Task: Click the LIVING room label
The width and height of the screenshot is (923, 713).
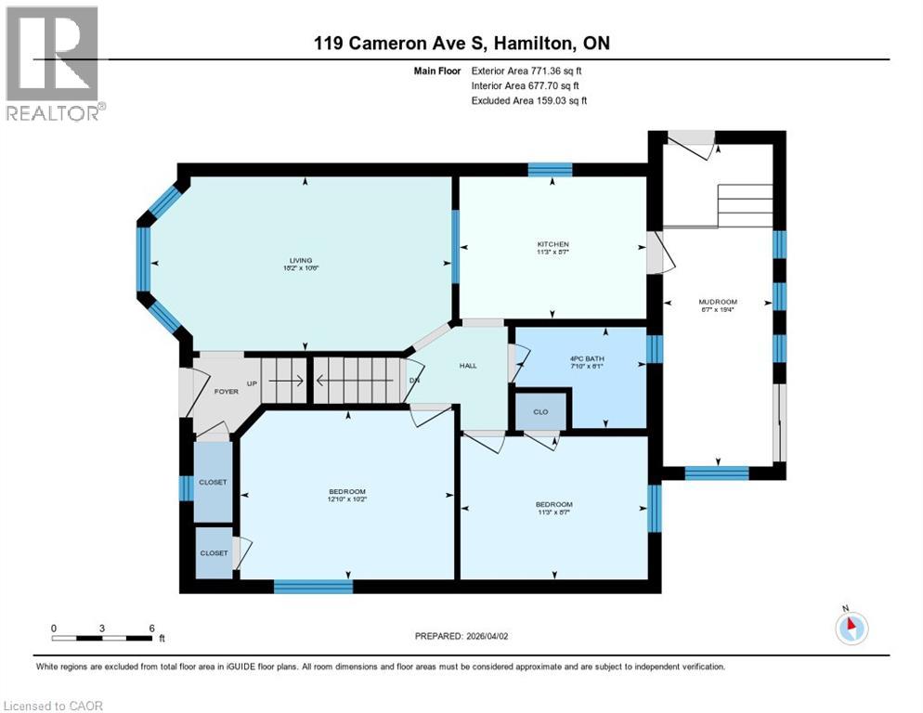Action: click(299, 261)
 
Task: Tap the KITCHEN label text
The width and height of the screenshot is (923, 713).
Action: click(552, 244)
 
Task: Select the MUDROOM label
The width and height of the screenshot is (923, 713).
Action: click(718, 302)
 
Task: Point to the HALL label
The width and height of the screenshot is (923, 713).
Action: click(468, 366)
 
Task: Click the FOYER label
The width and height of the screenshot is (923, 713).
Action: click(226, 391)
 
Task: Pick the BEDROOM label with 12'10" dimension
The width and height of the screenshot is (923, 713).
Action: click(346, 492)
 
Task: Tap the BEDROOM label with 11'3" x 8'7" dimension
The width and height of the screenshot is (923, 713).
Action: click(552, 507)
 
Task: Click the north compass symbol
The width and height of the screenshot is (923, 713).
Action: click(851, 628)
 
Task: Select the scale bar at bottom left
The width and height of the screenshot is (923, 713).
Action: click(102, 638)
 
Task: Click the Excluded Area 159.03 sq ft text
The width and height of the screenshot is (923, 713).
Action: click(529, 100)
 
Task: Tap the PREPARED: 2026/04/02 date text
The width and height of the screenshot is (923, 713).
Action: click(461, 636)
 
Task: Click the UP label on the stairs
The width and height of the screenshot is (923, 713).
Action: click(251, 382)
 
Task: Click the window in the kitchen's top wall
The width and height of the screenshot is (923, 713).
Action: click(550, 170)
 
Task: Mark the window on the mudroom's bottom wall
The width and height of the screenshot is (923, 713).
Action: click(716, 473)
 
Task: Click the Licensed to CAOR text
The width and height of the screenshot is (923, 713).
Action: click(55, 706)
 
